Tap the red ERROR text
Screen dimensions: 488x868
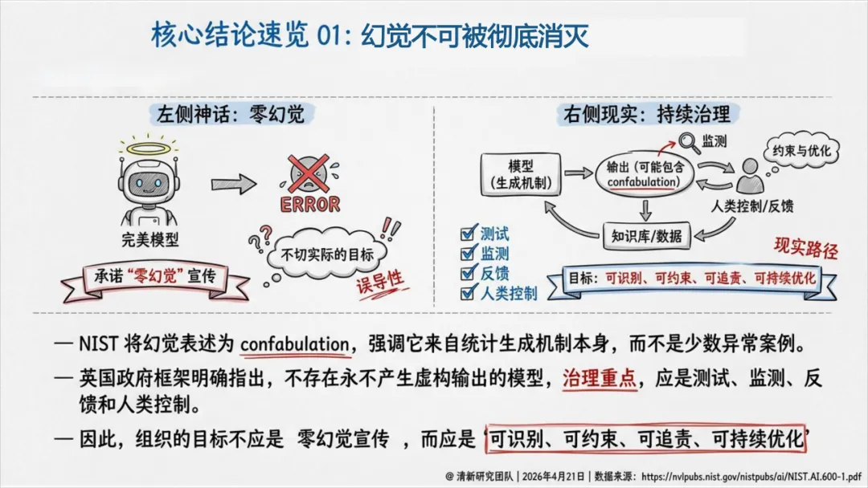(x=309, y=203)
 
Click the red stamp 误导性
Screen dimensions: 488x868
(x=379, y=282)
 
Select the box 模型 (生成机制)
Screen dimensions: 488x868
(x=520, y=173)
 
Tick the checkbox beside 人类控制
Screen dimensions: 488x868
(x=467, y=293)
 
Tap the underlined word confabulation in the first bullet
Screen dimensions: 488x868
(x=294, y=345)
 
